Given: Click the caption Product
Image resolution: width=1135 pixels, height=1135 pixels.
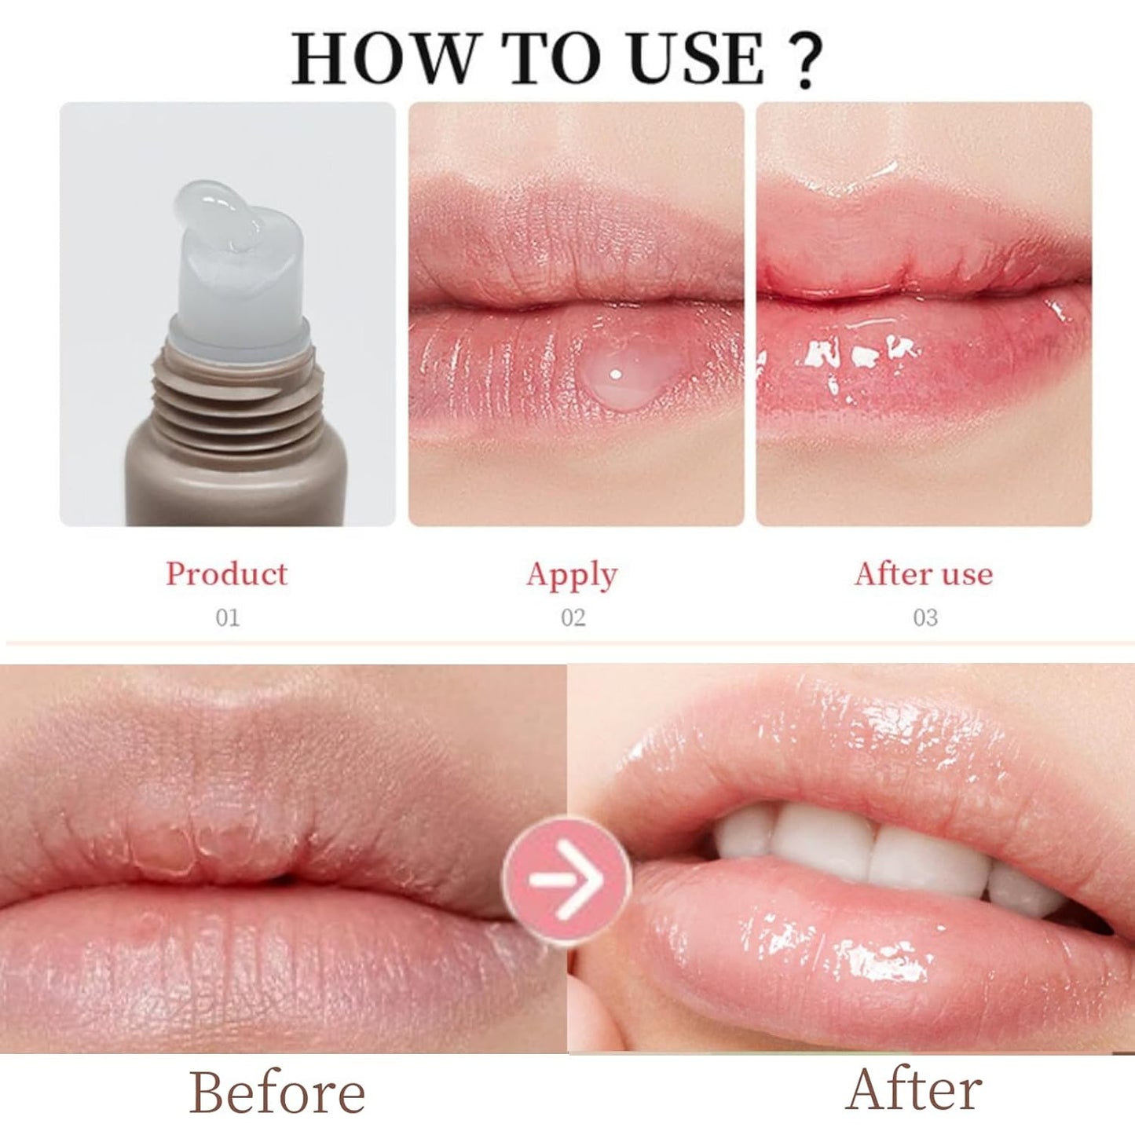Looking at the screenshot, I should pyautogui.click(x=226, y=574).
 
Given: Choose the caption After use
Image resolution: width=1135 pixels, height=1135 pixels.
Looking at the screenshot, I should pyautogui.click(x=924, y=574).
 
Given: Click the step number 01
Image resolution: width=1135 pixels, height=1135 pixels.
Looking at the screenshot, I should pyautogui.click(x=227, y=618).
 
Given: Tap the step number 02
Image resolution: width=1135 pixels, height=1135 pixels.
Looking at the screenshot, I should pyautogui.click(x=573, y=618).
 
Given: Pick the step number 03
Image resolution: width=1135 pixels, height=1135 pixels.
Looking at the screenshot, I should pyautogui.click(x=924, y=618).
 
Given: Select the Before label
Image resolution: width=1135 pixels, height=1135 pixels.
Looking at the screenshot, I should pyautogui.click(x=277, y=1093).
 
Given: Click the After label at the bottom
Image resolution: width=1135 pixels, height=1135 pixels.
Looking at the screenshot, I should pyautogui.click(x=914, y=1090).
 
